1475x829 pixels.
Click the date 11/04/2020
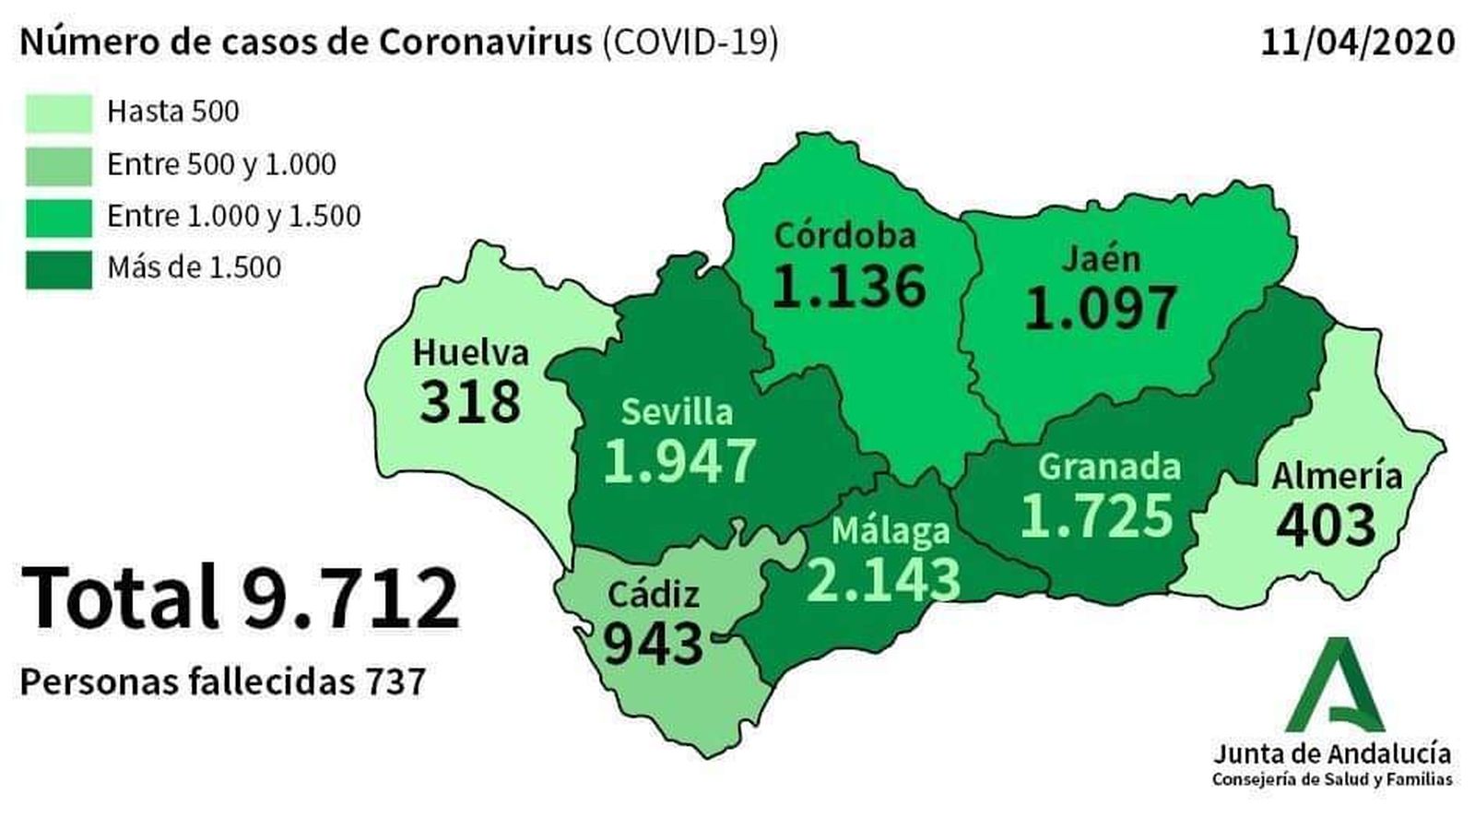point(1358,42)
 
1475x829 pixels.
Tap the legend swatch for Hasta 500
point(58,113)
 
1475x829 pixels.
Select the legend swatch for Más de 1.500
point(58,269)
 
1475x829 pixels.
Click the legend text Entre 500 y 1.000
point(221,164)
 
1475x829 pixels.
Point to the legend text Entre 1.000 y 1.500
point(233,216)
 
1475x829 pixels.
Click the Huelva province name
point(470,353)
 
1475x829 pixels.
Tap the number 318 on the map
point(470,402)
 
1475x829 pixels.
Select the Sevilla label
point(677,411)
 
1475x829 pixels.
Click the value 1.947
point(680,460)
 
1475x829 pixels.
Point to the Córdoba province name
point(845,235)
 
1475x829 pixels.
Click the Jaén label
point(1101,258)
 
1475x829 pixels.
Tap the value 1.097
point(1101,307)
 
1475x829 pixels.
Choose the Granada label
point(1109,467)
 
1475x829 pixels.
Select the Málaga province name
point(890,530)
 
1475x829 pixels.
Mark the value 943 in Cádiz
point(653,643)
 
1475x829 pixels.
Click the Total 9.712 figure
point(240,598)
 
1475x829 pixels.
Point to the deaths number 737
point(395,682)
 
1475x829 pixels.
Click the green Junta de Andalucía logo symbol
point(1335,687)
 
